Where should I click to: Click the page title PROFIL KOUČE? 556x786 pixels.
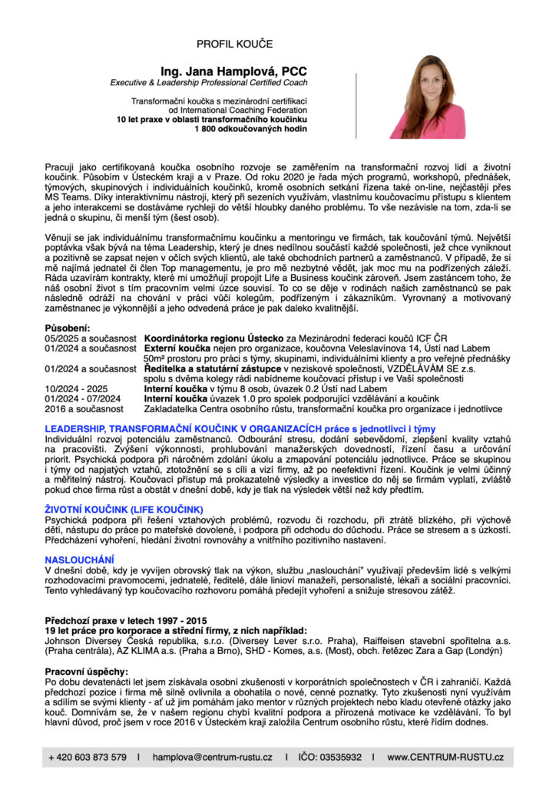point(234,45)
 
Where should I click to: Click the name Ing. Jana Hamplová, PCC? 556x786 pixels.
point(234,71)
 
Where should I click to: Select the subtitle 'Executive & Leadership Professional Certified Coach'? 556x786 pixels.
point(208,82)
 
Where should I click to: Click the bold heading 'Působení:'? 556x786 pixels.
point(68,328)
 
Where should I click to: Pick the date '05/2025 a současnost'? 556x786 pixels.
point(90,338)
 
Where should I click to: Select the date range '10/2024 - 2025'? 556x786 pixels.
point(76,388)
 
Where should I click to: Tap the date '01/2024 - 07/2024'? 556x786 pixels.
point(83,398)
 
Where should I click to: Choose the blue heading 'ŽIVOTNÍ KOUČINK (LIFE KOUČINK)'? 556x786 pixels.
point(124,509)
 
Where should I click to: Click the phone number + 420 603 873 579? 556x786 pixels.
point(88,757)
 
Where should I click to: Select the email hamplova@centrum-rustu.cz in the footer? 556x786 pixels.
point(212,757)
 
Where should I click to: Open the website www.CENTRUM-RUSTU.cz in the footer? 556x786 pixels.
point(445,757)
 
